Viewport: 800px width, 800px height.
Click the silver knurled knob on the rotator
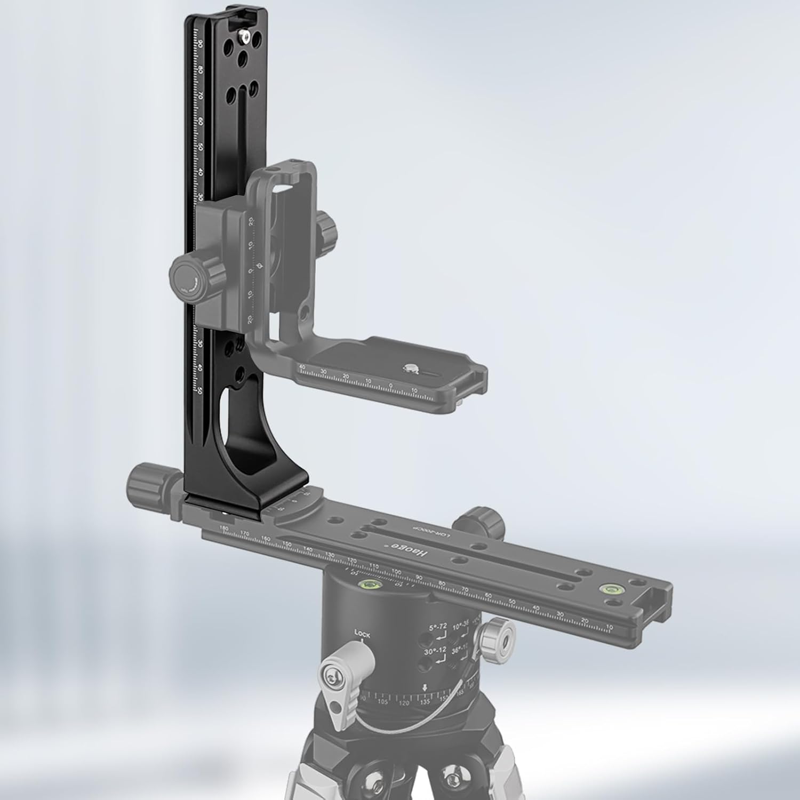(497, 636)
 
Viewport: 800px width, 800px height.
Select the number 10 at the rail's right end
(610, 629)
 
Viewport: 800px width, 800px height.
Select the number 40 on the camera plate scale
(302, 366)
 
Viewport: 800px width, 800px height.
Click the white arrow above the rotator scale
(425, 687)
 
